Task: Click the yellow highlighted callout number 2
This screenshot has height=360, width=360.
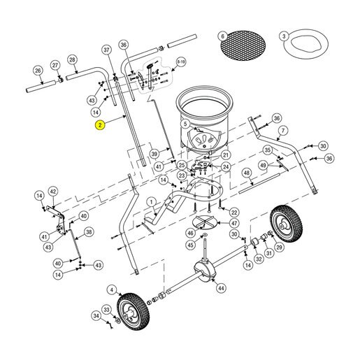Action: (100, 125)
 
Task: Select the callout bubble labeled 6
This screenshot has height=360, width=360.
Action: (222, 36)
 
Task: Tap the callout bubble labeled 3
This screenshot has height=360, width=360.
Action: (284, 36)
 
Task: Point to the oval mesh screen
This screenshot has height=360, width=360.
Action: (243, 45)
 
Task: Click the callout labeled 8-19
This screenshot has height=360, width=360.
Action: (181, 62)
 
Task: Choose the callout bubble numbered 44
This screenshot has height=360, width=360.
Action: (221, 288)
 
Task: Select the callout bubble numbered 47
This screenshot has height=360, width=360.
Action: (234, 223)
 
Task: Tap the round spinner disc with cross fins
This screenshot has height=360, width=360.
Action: (204, 222)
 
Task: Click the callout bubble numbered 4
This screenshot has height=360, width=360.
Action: (112, 290)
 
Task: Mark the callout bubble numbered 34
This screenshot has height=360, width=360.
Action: (96, 316)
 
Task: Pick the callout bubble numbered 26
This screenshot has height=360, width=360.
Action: (38, 71)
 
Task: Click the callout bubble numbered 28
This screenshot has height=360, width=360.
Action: (72, 59)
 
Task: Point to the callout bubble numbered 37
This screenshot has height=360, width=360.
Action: (106, 50)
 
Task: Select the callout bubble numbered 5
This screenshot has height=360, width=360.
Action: (185, 124)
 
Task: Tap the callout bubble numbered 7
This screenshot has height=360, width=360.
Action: (283, 131)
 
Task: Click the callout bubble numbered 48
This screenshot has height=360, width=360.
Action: (247, 173)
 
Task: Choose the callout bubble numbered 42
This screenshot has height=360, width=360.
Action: (53, 192)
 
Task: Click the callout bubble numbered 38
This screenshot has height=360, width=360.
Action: (89, 232)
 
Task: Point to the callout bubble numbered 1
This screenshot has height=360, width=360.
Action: (152, 202)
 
